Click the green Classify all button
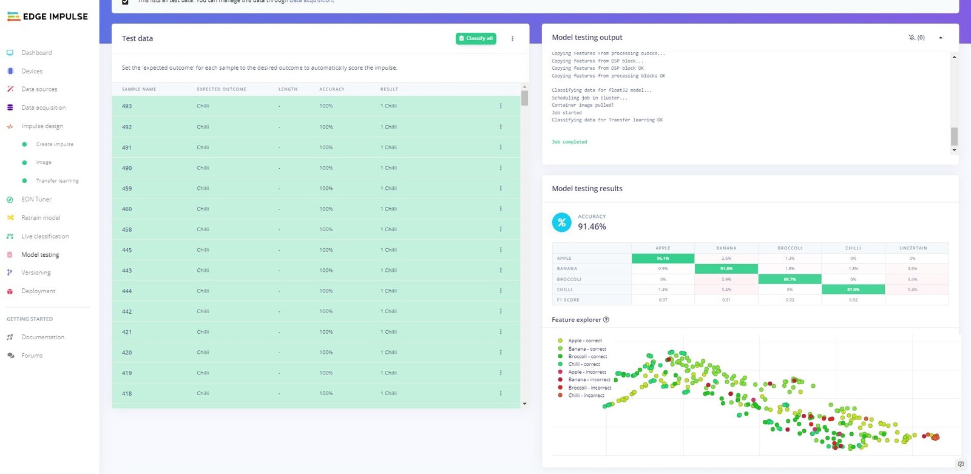coord(476,38)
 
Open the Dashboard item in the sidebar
coord(36,53)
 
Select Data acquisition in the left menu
coord(43,108)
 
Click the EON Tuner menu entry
coord(36,200)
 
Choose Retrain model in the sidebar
coord(41,218)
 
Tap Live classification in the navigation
coord(45,236)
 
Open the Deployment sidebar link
coord(38,291)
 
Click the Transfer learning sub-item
coord(57,181)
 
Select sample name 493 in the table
coord(127,106)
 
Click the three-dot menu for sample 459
coord(501,188)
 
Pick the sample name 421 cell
coord(127,332)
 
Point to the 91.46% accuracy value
coord(592,227)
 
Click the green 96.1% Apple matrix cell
coord(663,259)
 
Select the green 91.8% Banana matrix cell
coord(726,269)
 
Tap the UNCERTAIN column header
coord(913,248)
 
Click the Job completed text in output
coord(569,142)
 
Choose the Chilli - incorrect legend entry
coord(586,396)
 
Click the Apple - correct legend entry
coord(584,341)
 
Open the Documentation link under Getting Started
coord(42,337)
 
